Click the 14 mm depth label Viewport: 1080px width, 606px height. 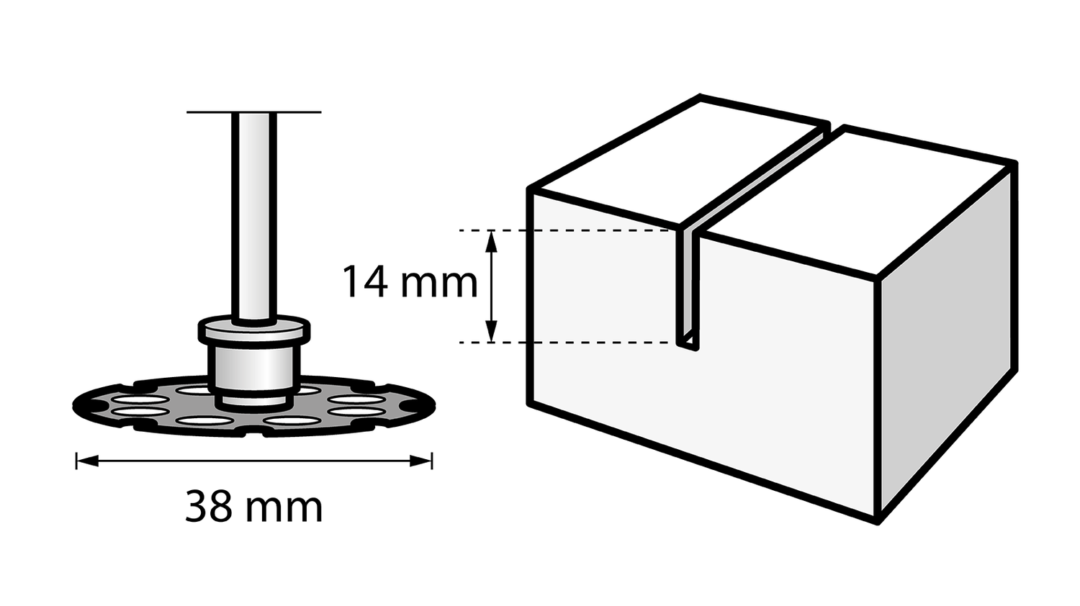(410, 284)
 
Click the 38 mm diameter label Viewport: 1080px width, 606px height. (253, 507)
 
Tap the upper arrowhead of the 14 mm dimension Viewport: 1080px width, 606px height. (491, 242)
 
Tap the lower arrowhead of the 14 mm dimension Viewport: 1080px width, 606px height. (491, 331)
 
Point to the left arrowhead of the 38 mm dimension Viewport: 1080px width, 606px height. (87, 461)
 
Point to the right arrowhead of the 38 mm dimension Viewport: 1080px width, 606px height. (420, 461)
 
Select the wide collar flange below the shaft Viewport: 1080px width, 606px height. (254, 330)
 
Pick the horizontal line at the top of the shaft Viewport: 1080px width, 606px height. (254, 112)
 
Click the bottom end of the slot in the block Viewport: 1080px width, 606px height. (688, 344)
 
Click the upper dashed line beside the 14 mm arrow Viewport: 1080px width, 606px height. (567, 231)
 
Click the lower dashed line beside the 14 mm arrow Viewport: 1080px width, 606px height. (567, 343)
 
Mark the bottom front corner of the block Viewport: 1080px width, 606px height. (878, 522)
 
